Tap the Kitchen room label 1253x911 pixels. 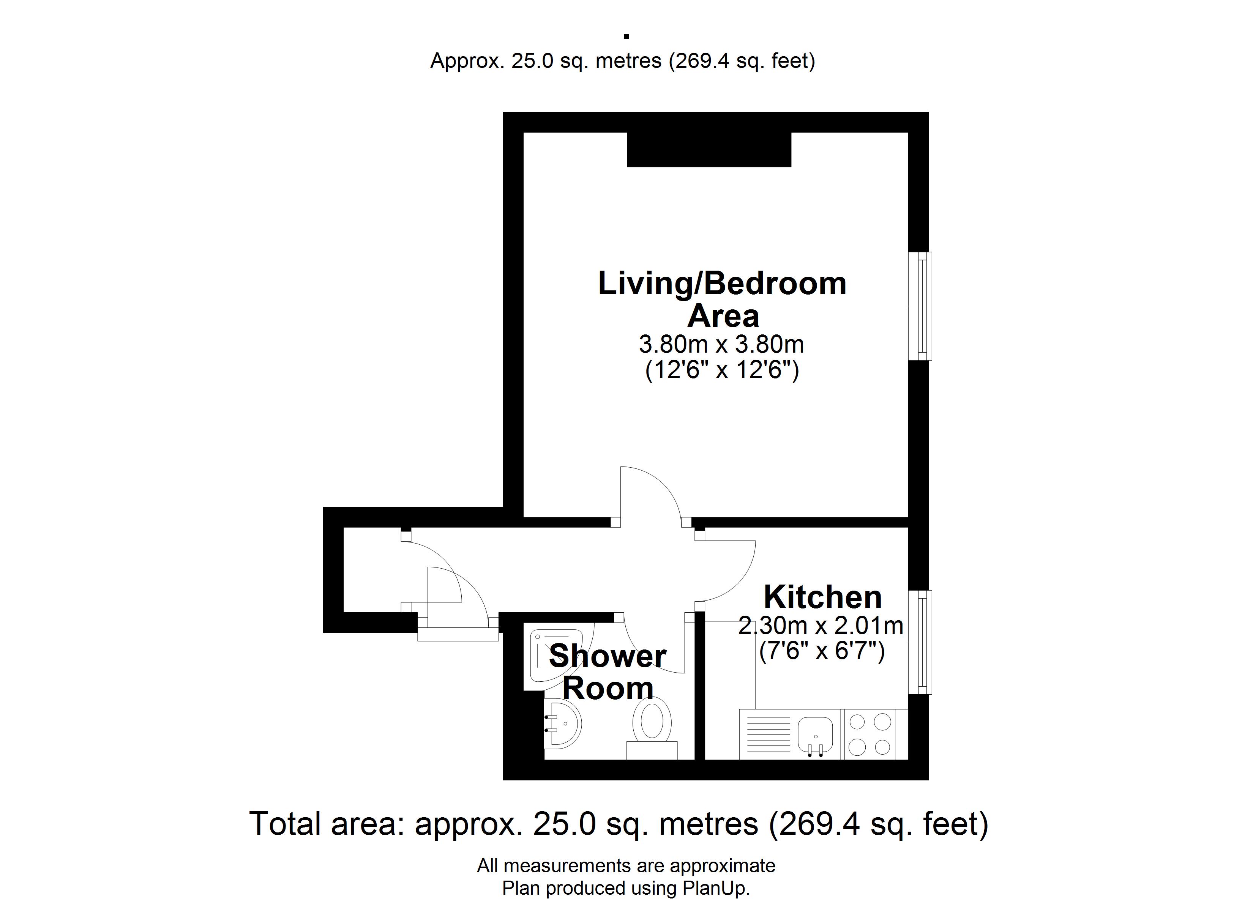[823, 597]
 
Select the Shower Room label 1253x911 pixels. [608, 672]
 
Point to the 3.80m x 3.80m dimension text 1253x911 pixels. [721, 344]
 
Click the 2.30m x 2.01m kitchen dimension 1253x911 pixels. [821, 626]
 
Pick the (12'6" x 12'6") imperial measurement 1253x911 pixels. [722, 370]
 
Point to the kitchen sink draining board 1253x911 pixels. [768, 735]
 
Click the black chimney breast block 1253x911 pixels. [709, 150]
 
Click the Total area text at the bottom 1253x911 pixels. [619, 824]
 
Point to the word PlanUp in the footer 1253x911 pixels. [716, 888]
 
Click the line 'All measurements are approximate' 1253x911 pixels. [626, 866]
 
